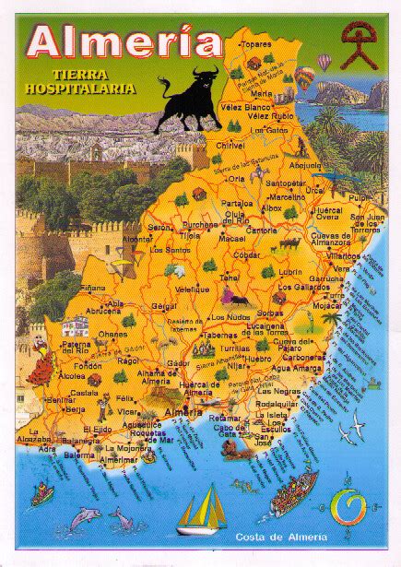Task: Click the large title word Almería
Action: click(x=124, y=41)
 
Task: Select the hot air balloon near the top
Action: click(x=324, y=63)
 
